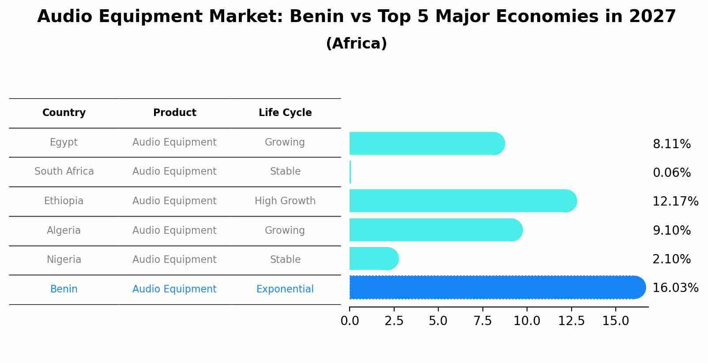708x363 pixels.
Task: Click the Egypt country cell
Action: tap(64, 142)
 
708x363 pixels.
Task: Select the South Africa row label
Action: tap(64, 172)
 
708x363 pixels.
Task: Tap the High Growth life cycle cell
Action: tap(285, 201)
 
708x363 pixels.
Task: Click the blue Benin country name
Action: tap(64, 289)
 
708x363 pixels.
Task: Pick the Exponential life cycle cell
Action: tap(285, 289)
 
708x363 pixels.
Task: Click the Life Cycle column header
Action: tap(285, 113)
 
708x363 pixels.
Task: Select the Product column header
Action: tap(174, 113)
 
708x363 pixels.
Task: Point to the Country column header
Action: tap(64, 113)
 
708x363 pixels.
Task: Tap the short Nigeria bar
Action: tap(373, 259)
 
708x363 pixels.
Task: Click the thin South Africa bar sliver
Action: tap(350, 172)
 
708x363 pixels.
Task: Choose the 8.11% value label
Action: tap(671, 144)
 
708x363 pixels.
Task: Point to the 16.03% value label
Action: tap(675, 288)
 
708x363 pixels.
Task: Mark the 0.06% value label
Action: tap(671, 173)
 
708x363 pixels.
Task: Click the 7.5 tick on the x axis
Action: tap(482, 321)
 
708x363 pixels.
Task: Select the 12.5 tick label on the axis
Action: tap(571, 321)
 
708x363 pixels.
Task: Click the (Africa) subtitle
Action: tap(356, 44)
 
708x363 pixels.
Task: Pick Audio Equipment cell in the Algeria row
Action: tap(174, 231)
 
